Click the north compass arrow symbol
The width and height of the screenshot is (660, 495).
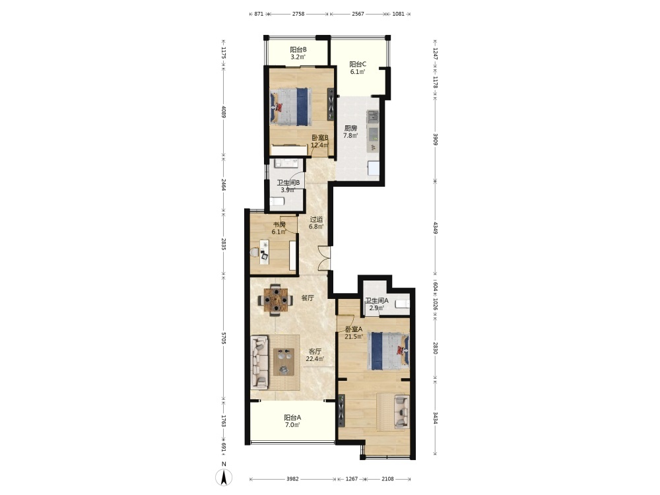pyautogui.click(x=224, y=477)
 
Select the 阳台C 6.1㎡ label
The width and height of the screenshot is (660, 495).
pyautogui.click(x=358, y=68)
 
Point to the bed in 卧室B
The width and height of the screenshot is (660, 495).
pyautogui.click(x=291, y=106)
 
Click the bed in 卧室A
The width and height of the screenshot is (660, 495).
pyautogui.click(x=388, y=351)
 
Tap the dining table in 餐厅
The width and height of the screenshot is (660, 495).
pyautogui.click(x=276, y=300)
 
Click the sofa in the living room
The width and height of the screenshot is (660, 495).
pyautogui.click(x=259, y=362)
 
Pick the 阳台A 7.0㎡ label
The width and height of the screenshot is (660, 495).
pyautogui.click(x=292, y=421)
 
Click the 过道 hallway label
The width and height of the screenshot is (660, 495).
pyautogui.click(x=316, y=222)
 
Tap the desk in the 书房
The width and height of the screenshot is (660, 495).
pyautogui.click(x=265, y=251)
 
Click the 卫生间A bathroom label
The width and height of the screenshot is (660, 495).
pyautogui.click(x=377, y=304)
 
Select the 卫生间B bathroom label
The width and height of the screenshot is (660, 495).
pyautogui.click(x=288, y=186)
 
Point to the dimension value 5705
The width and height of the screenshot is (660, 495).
pyautogui.click(x=224, y=338)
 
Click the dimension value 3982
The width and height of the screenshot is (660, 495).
pyautogui.click(x=292, y=478)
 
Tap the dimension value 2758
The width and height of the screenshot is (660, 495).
pyautogui.click(x=298, y=14)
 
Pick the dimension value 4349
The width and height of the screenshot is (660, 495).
pyautogui.click(x=436, y=227)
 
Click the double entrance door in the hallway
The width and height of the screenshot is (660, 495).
pyautogui.click(x=325, y=257)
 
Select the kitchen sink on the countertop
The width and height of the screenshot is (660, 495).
pyautogui.click(x=373, y=116)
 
